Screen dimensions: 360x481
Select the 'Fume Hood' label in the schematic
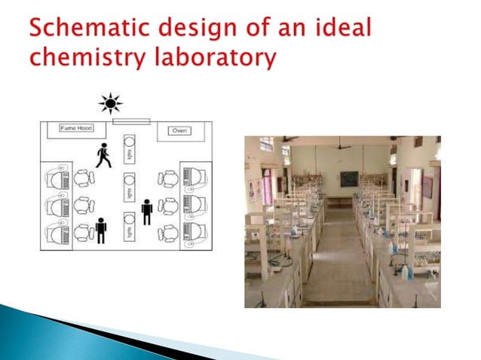coord(75,129)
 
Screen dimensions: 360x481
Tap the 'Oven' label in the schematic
coord(179,130)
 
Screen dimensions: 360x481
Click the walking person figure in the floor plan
coord(103,157)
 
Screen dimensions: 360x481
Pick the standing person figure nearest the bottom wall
coord(101,230)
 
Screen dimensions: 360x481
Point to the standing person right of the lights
coord(147,212)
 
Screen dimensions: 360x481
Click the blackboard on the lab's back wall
coord(349,179)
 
